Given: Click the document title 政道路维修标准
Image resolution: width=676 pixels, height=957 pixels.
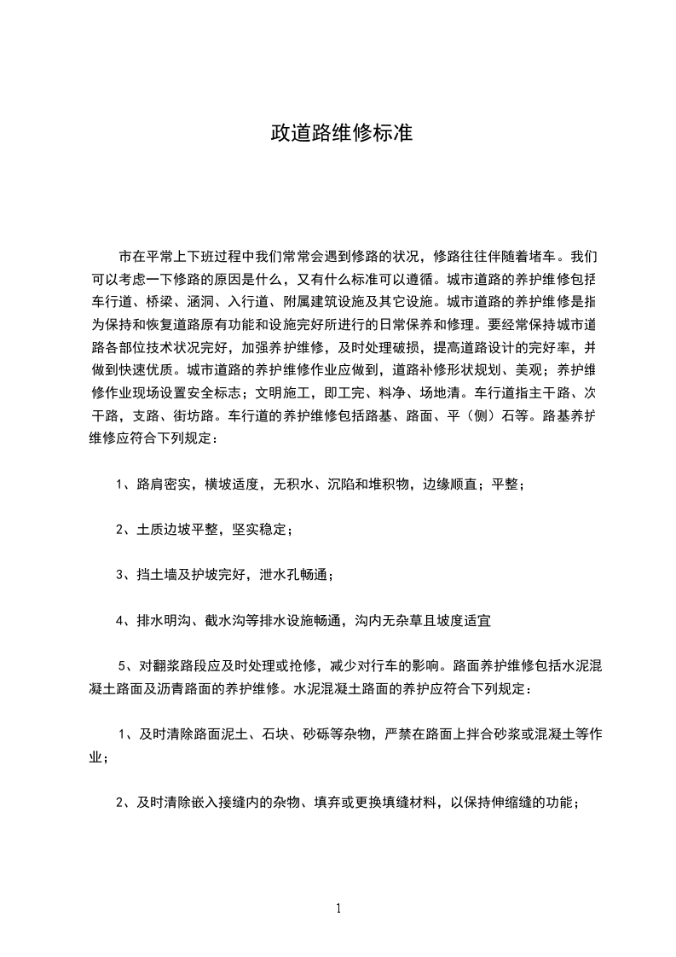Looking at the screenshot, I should coord(341,133).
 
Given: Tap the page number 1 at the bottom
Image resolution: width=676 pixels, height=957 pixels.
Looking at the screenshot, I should coord(338,908).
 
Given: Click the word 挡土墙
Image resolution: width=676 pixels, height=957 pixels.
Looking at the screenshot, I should coord(159,576).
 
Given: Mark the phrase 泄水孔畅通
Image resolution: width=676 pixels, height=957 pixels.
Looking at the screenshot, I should coord(295,576).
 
